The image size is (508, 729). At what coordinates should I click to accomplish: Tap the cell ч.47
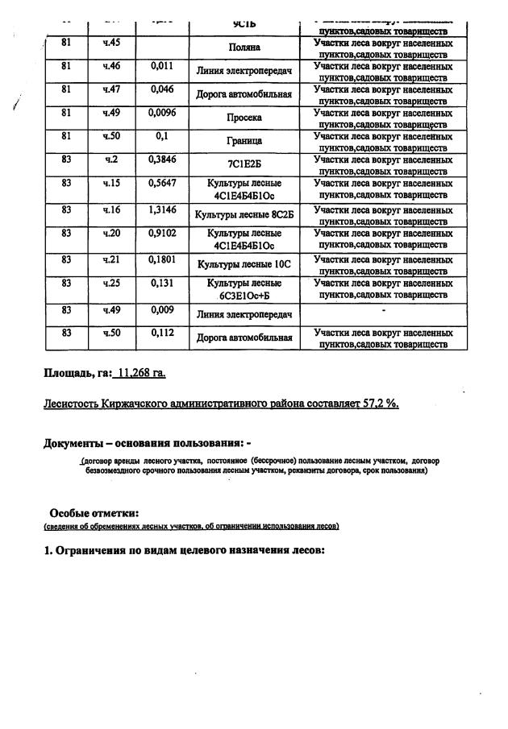coord(111,89)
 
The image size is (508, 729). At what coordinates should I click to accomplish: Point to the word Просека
coord(244,118)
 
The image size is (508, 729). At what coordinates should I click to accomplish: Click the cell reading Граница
coord(244,141)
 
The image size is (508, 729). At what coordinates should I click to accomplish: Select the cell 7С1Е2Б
coord(244,164)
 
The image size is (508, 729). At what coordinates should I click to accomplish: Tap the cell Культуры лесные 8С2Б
coord(244,215)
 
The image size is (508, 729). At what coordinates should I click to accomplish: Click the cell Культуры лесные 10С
coord(244,264)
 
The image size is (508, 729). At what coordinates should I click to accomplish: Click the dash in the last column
coord(383,310)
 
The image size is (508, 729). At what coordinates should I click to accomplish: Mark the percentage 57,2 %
coord(381,403)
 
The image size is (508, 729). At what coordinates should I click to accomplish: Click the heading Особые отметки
coord(94,513)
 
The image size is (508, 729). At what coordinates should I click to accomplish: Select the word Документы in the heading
coord(73,443)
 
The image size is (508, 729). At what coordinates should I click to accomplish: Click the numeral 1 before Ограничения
coord(48,550)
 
